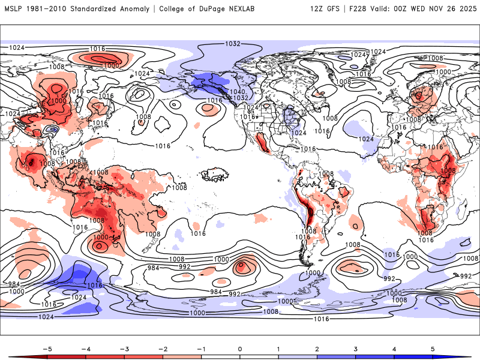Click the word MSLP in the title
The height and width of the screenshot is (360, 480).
tap(13, 9)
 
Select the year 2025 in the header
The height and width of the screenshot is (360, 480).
tap(467, 9)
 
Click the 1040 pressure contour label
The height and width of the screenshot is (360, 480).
tap(238, 91)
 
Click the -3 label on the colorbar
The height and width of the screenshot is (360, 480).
tap(124, 348)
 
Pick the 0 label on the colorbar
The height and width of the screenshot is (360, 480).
tap(240, 348)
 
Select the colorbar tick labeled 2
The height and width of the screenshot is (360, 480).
tap(317, 348)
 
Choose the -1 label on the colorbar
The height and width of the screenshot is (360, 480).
tap(201, 348)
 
